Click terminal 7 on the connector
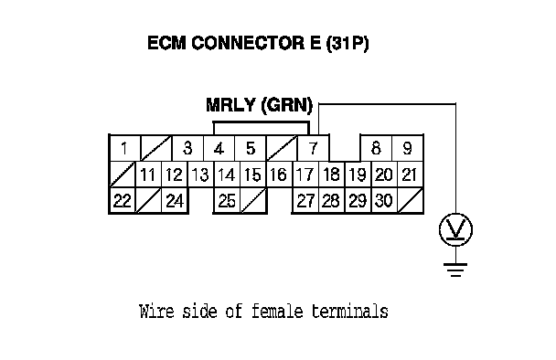tap(313, 148)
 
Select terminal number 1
tap(124, 148)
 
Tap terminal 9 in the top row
tap(408, 148)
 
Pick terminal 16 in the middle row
tap(279, 175)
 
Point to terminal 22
tap(123, 200)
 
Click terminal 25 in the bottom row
tap(227, 200)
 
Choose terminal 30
tap(384, 200)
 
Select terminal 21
tap(411, 175)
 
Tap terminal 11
tap(148, 175)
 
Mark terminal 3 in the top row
tap(187, 148)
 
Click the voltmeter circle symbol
tap(455, 229)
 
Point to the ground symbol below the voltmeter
tap(455, 270)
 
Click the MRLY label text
tap(230, 105)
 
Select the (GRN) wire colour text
tap(287, 106)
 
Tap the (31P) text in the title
tap(347, 43)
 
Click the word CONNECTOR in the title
tap(248, 43)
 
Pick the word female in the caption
tap(277, 311)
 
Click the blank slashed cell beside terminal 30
tap(411, 200)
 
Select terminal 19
tap(358, 175)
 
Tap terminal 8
tap(376, 148)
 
